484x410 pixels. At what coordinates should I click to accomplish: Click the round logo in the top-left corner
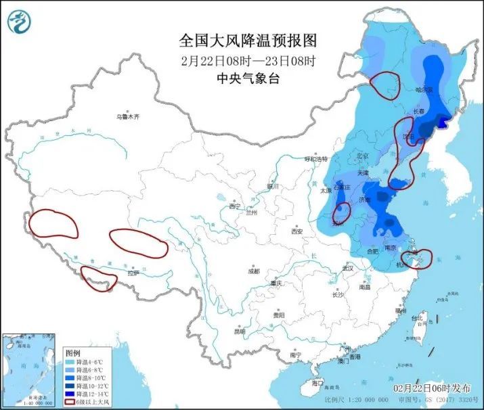20,22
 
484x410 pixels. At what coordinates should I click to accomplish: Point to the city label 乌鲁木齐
127,117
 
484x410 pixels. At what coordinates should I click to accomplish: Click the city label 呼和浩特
315,158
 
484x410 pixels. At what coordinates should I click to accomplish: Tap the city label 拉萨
133,273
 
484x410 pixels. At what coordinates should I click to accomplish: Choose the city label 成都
253,271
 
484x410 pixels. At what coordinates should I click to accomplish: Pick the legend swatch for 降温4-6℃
69,362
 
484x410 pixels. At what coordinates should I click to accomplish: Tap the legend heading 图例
72,353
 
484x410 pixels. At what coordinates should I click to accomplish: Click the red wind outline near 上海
416,258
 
